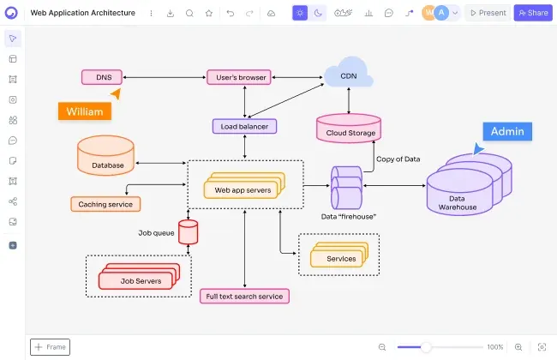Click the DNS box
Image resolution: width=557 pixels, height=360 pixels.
(x=102, y=77)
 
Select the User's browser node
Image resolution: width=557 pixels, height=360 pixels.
(x=239, y=77)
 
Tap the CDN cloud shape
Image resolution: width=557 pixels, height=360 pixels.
(x=349, y=74)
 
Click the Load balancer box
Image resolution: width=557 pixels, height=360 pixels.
(x=244, y=126)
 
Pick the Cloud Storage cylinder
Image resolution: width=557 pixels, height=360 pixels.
(x=349, y=129)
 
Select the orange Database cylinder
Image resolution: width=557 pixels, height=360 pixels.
(x=106, y=155)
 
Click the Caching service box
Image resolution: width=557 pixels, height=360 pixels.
(x=105, y=204)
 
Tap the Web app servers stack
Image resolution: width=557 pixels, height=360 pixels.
(x=244, y=185)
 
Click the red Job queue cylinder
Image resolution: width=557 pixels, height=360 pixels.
(x=188, y=232)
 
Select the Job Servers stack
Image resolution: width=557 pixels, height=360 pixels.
(x=139, y=276)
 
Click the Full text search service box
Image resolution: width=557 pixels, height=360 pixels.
(x=244, y=296)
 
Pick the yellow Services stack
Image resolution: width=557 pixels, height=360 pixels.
(x=339, y=255)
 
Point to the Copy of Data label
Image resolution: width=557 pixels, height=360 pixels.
(x=398, y=159)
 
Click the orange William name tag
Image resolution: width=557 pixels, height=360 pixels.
(x=85, y=111)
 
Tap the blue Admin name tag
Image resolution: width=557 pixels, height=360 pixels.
(x=507, y=131)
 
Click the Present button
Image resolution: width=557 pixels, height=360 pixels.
(x=488, y=13)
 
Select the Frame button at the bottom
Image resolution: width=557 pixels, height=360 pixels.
(x=50, y=347)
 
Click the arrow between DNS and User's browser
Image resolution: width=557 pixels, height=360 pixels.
(x=165, y=77)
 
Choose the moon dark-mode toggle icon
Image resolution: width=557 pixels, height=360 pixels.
(x=318, y=13)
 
